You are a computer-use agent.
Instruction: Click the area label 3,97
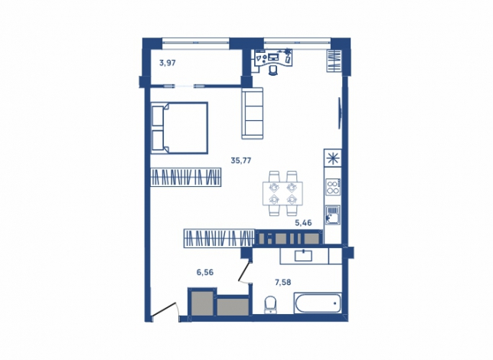click(167, 63)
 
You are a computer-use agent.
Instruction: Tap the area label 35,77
click(241, 161)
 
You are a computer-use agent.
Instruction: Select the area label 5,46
click(303, 223)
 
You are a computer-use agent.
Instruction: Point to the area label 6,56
click(205, 273)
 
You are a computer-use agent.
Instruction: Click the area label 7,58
click(283, 283)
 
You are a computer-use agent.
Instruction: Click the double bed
click(180, 128)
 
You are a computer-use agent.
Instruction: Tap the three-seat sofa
click(252, 113)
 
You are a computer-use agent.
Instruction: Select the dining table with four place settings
click(282, 193)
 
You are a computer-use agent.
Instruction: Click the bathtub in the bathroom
click(318, 303)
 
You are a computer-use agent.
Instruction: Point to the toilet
click(270, 305)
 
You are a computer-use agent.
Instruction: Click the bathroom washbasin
click(303, 256)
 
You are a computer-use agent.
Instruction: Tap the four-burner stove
click(333, 187)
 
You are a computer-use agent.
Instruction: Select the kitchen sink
click(333, 215)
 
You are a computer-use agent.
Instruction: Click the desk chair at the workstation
click(273, 70)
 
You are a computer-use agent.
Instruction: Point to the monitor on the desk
click(273, 57)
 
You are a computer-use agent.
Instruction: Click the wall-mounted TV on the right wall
click(340, 113)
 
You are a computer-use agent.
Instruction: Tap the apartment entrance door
click(165, 309)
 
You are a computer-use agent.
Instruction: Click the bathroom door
click(244, 270)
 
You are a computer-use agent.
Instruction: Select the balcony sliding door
click(184, 86)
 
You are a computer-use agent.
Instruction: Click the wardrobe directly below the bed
click(186, 177)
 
